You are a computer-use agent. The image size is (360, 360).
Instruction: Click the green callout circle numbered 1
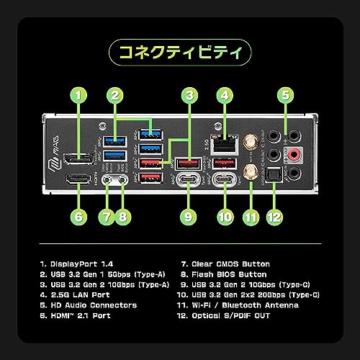tap(78, 95)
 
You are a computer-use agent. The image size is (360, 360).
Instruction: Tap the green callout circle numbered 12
tap(274, 217)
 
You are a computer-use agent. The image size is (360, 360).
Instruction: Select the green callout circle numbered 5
tap(285, 95)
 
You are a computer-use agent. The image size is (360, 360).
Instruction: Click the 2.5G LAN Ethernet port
tap(225, 145)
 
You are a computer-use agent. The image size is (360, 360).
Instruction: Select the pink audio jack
tap(294, 154)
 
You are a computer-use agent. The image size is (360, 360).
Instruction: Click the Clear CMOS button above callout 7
tap(107, 179)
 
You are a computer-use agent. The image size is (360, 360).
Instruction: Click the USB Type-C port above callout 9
tap(189, 179)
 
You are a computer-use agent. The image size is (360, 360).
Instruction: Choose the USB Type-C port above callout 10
tap(225, 179)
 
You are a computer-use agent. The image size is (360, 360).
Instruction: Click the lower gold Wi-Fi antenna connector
tap(251, 172)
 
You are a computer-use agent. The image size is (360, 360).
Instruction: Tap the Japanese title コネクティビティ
tap(180, 53)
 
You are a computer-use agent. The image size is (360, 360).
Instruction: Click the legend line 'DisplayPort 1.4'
tap(76, 264)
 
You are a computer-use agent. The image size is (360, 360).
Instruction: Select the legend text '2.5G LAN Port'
tap(75, 295)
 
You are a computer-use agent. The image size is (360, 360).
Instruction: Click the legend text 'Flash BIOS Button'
tap(224, 274)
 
